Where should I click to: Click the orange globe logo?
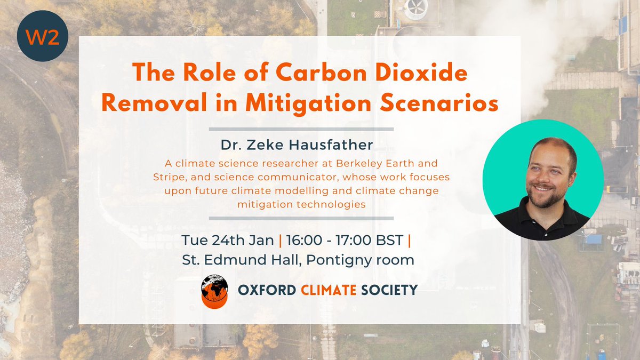pyautogui.click(x=214, y=291)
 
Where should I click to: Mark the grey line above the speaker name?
pyautogui.click(x=301, y=129)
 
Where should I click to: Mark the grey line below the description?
pyautogui.click(x=301, y=218)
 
